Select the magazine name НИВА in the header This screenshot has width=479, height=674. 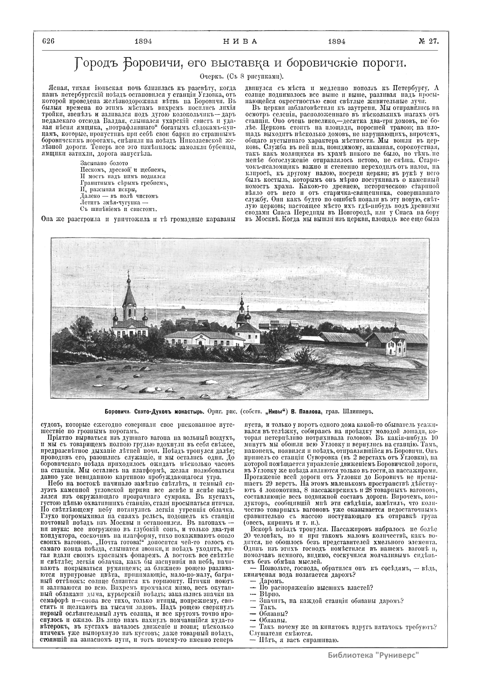[x=239, y=41]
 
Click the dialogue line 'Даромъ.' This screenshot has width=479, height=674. [x=263, y=581]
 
